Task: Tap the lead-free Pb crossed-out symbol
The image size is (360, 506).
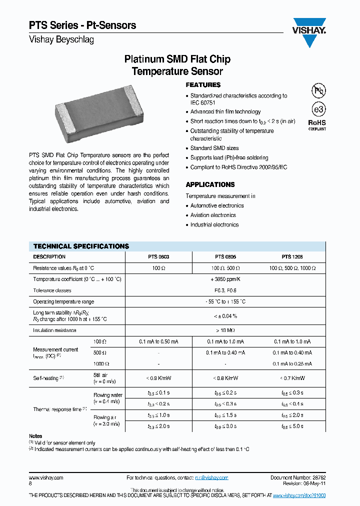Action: (318, 91)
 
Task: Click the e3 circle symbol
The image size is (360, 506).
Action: (318, 109)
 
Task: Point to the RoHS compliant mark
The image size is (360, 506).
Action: (316, 124)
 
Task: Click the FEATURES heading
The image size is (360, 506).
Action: (203, 85)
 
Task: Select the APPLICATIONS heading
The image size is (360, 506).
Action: (210, 184)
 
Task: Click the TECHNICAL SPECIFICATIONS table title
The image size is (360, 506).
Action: (81, 246)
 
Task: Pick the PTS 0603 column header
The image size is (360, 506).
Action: (158, 256)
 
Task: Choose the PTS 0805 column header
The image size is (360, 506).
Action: (225, 256)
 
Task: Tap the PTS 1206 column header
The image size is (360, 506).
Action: (292, 256)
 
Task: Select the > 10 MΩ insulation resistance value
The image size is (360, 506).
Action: (225, 330)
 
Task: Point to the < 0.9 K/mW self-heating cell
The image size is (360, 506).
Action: (158, 378)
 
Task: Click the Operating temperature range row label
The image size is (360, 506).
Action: (63, 302)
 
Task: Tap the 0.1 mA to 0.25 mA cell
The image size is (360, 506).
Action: (292, 364)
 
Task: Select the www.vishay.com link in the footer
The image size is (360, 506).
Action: (46, 477)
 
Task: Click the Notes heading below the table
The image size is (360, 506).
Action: (35, 436)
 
